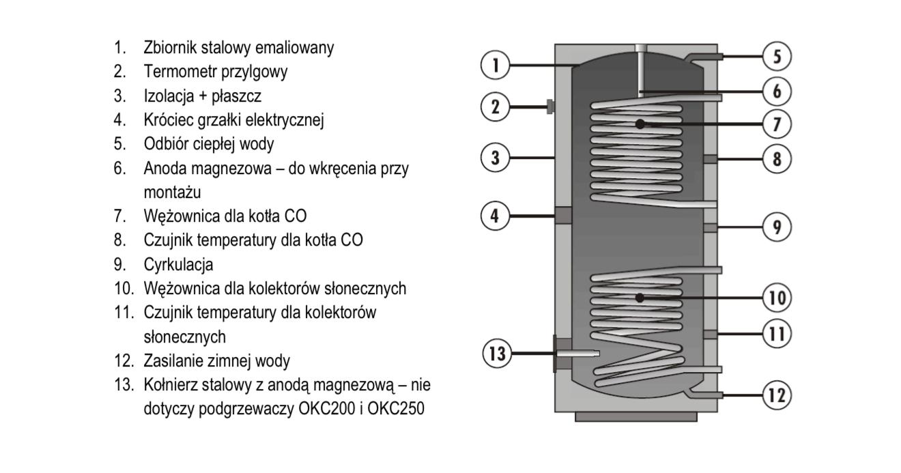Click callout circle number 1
pyautogui.click(x=496, y=66)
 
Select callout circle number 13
pyautogui.click(x=497, y=354)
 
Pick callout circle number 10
pyautogui.click(x=776, y=298)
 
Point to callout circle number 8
pyautogui.click(x=776, y=159)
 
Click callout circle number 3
pyautogui.click(x=496, y=158)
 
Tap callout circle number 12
pyautogui.click(x=776, y=395)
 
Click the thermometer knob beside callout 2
pyautogui.click(x=549, y=106)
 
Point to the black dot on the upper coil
pyautogui.click(x=640, y=124)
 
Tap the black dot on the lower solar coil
pyautogui.click(x=640, y=298)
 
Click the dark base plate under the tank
pyautogui.click(x=635, y=416)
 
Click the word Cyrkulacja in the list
pyautogui.click(x=179, y=264)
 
